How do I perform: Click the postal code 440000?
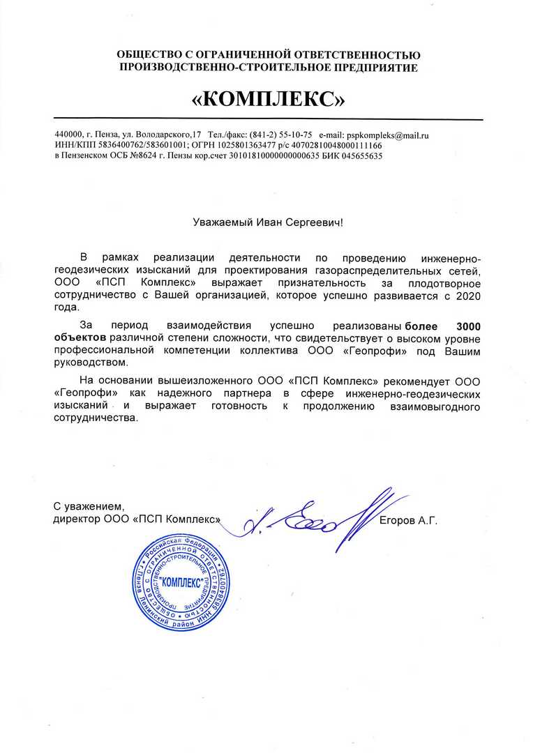pyautogui.click(x=68, y=134)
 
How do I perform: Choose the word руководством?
pyautogui.click(x=91, y=363)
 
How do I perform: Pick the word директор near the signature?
pyautogui.click(x=76, y=520)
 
